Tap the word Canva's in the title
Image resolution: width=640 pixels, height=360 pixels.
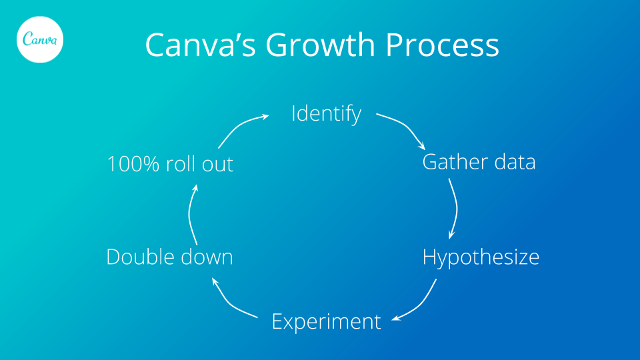(199, 45)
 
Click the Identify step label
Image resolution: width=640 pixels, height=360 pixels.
(326, 114)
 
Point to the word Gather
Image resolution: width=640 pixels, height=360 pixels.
(451, 162)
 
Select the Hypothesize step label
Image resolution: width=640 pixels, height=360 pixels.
(481, 257)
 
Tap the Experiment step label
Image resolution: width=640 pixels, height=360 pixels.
(326, 321)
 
